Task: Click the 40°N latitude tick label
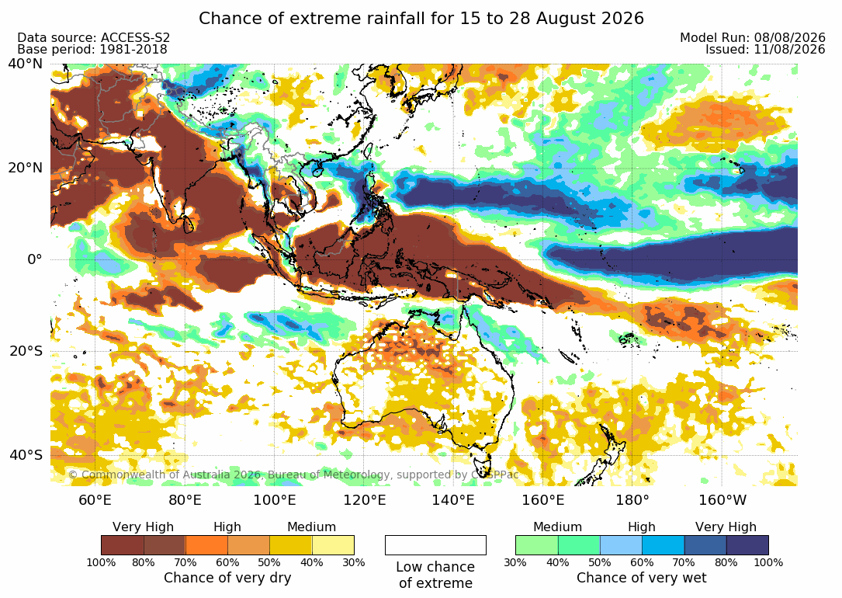coord(25,64)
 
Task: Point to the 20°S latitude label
coord(25,351)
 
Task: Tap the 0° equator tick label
coord(34,259)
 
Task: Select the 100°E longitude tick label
coord(275,500)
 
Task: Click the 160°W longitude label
coord(722,500)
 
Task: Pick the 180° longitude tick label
coord(632,500)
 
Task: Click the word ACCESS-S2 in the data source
coord(135,37)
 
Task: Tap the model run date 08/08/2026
coord(789,37)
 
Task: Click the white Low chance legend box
coord(435,545)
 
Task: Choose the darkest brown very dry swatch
coord(123,545)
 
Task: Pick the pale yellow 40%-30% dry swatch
coord(333,545)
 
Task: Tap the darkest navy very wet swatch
coord(747,545)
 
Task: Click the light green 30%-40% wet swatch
coord(536,545)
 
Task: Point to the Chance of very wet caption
coord(642,578)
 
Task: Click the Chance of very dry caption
coord(227,578)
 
